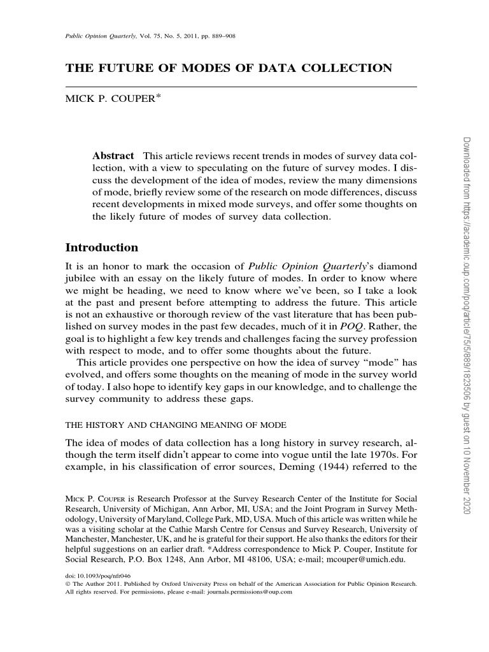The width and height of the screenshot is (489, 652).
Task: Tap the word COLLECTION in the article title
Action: [350, 68]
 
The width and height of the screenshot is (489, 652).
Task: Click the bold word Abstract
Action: [113, 156]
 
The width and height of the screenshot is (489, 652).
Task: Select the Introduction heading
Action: [102, 247]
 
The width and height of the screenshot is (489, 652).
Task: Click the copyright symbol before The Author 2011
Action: [69, 583]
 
